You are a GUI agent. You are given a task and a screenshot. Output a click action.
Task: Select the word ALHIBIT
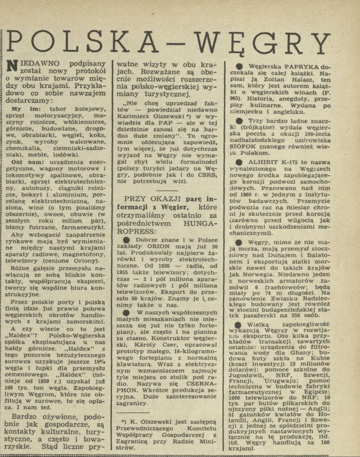[x=266, y=178]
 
